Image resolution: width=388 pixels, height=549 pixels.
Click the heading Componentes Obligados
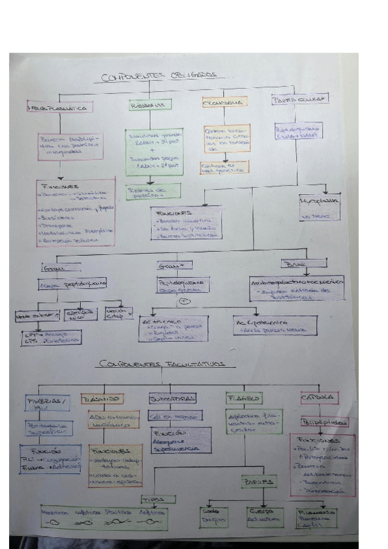tap(160, 78)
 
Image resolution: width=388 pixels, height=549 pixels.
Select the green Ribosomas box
tap(147, 104)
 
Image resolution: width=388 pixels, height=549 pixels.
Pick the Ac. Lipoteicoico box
tap(275, 325)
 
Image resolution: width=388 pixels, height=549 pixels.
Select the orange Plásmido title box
tap(103, 399)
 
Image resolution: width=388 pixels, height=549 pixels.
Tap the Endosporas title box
tap(171, 398)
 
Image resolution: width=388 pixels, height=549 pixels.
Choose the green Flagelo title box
tap(244, 398)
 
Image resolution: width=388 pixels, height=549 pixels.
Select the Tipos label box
tap(156, 499)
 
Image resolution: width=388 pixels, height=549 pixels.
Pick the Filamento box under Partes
tap(317, 517)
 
